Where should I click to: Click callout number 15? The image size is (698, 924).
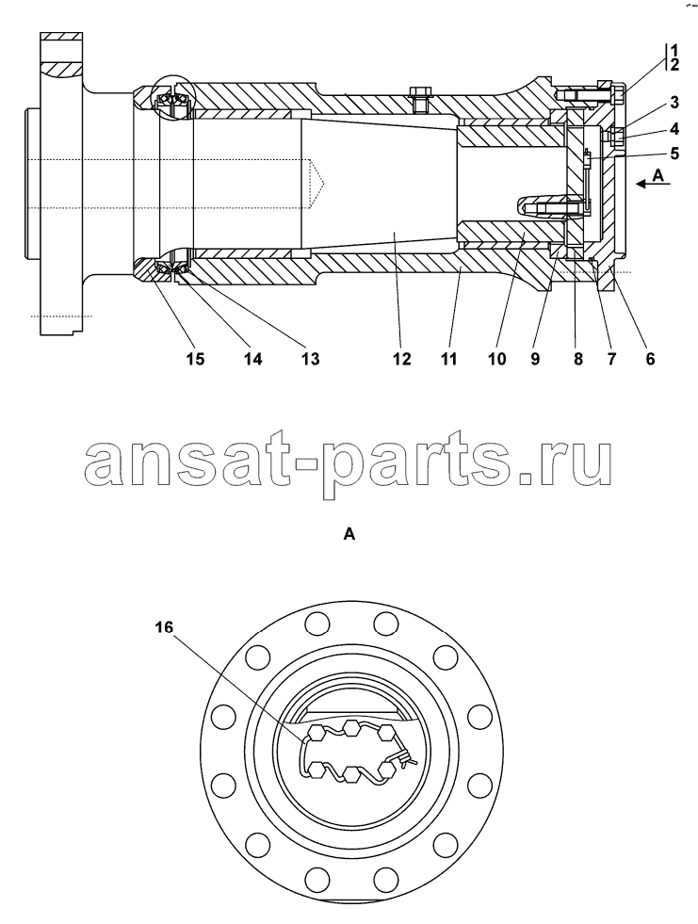(x=195, y=358)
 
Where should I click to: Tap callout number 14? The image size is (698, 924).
(x=252, y=358)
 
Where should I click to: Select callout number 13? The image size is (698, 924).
(x=310, y=358)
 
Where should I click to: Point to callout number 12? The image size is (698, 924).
(x=401, y=358)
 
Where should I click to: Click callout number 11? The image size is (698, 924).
(x=448, y=358)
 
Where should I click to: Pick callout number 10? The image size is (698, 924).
(x=497, y=358)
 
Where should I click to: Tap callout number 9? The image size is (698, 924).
(x=535, y=358)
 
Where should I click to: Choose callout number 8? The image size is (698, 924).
(x=577, y=358)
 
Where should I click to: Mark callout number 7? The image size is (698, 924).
(x=610, y=358)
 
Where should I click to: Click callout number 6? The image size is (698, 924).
(x=650, y=358)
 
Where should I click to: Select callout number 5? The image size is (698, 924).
(x=674, y=154)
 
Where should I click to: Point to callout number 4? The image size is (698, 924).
(x=674, y=128)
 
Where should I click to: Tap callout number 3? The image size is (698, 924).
(x=674, y=103)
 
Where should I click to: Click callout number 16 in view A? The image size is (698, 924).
(x=165, y=627)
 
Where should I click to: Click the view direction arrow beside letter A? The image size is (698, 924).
(x=653, y=185)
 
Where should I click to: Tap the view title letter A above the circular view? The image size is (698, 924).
(x=349, y=534)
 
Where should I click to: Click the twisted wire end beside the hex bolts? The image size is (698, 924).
(x=409, y=761)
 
